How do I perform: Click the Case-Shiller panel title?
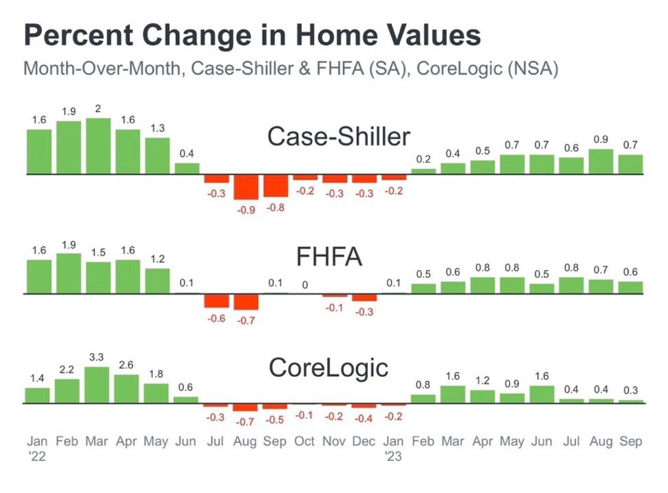point(339,137)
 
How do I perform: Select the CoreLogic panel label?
point(328,368)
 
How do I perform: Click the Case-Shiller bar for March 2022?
point(98,146)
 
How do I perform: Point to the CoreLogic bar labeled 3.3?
point(97,385)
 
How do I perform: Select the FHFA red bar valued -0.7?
point(246,302)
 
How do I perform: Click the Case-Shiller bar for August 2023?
point(601,161)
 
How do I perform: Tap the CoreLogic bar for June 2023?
point(542,394)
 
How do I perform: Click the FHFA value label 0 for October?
point(305,285)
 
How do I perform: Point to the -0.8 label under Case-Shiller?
point(275,208)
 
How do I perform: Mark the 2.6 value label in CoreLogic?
point(126,365)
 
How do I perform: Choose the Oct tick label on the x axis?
point(304,442)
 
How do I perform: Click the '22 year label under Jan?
point(36,457)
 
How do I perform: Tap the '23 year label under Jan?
point(393,457)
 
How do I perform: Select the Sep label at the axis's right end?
point(631,442)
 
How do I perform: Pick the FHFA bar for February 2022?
point(69,273)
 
